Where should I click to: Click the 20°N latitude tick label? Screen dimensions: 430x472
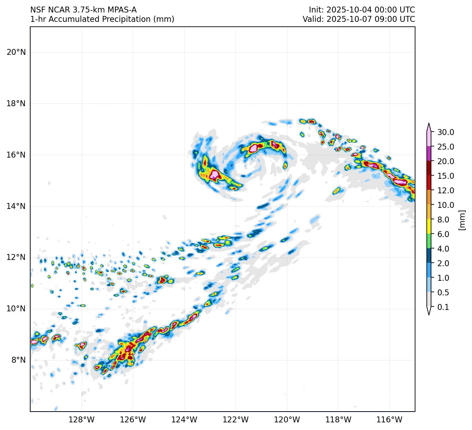click(x=16, y=52)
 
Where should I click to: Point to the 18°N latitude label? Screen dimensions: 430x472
click(x=16, y=104)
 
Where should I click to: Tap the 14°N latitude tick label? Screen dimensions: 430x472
click(x=16, y=206)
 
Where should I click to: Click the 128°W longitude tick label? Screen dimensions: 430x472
click(x=82, y=420)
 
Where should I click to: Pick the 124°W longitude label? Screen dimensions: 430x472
click(x=184, y=420)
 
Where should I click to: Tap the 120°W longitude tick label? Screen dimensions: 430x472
click(x=287, y=420)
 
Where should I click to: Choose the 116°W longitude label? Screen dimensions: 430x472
click(x=389, y=420)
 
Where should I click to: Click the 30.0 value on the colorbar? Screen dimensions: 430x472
click(x=446, y=132)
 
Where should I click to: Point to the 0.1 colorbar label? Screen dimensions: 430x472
click(x=443, y=307)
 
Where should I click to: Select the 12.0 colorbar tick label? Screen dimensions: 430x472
click(x=446, y=191)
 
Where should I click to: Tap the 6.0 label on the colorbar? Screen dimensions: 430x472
click(x=443, y=234)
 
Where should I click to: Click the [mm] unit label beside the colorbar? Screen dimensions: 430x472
click(x=462, y=220)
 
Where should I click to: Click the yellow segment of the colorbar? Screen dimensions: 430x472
click(x=429, y=226)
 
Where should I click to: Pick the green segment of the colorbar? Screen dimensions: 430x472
click(x=429, y=241)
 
